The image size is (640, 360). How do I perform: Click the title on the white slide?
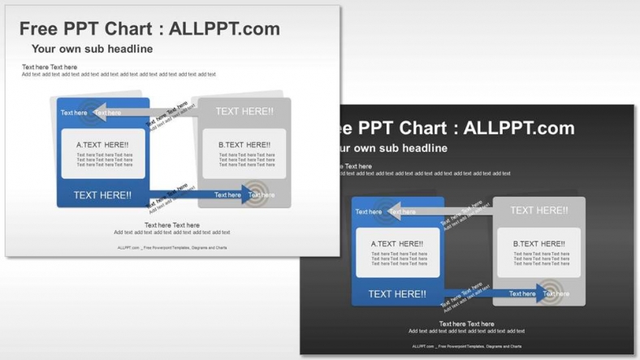pyautogui.click(x=149, y=29)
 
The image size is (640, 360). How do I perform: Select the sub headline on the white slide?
pyautogui.click(x=92, y=49)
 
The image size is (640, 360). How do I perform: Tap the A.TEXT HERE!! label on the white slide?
pyautogui.click(x=102, y=145)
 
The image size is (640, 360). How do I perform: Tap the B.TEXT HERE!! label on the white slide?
pyautogui.click(x=244, y=145)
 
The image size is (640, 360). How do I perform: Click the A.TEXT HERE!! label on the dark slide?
pyautogui.click(x=397, y=244)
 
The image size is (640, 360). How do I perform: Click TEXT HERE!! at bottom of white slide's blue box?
pyautogui.click(x=102, y=195)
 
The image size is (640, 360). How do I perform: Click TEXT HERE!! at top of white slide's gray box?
pyautogui.click(x=244, y=111)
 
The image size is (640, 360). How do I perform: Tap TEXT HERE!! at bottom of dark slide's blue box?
pyautogui.click(x=397, y=294)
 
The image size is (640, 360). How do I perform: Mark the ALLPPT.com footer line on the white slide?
pyautogui.click(x=171, y=248)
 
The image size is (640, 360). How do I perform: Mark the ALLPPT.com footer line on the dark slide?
pyautogui.click(x=466, y=347)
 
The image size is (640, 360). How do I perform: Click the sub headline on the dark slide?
pyautogui.click(x=390, y=148)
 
